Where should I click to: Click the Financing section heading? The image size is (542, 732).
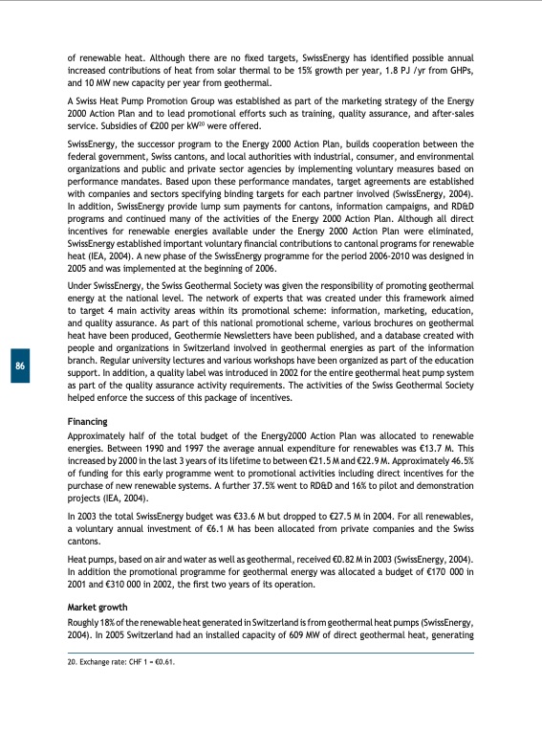pos(87,422)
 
